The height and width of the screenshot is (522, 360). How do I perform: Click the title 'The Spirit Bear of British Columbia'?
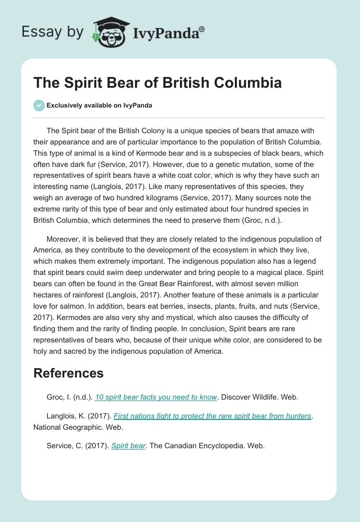[158, 83]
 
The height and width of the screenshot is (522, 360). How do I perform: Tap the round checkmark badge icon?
[39, 105]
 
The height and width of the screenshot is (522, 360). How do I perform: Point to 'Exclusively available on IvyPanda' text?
[99, 105]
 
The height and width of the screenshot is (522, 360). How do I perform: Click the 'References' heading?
[68, 373]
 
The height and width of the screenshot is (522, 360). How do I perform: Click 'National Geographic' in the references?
[66, 427]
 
